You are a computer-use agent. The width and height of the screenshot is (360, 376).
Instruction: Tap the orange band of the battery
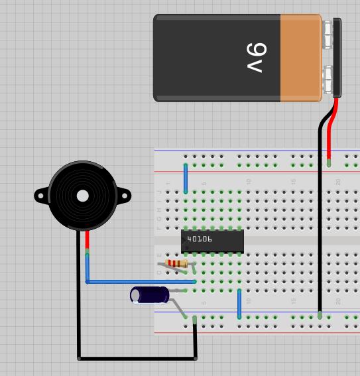[x=300, y=58]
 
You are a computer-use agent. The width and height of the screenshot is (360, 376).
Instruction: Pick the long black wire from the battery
[x=320, y=219]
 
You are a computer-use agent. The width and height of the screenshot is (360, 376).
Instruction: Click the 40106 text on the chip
[x=200, y=239]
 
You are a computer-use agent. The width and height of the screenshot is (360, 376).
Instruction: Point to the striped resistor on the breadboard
[x=177, y=264]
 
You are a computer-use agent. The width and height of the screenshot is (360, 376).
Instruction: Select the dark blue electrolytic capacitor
[x=150, y=295]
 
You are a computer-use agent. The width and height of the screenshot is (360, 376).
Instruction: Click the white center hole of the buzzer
[x=82, y=196]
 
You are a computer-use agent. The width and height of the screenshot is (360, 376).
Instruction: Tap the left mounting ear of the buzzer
[x=41, y=195]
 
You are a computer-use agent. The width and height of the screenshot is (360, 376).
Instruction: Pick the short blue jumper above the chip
[x=186, y=178]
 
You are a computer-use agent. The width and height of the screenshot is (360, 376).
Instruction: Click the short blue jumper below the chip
[x=239, y=304]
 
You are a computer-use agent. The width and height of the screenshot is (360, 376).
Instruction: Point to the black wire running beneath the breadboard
[x=136, y=359]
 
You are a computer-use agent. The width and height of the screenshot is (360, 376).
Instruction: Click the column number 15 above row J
[x=292, y=182]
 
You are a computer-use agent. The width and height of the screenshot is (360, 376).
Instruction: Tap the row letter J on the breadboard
[x=158, y=192]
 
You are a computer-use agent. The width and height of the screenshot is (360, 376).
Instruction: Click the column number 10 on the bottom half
[x=249, y=300]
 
